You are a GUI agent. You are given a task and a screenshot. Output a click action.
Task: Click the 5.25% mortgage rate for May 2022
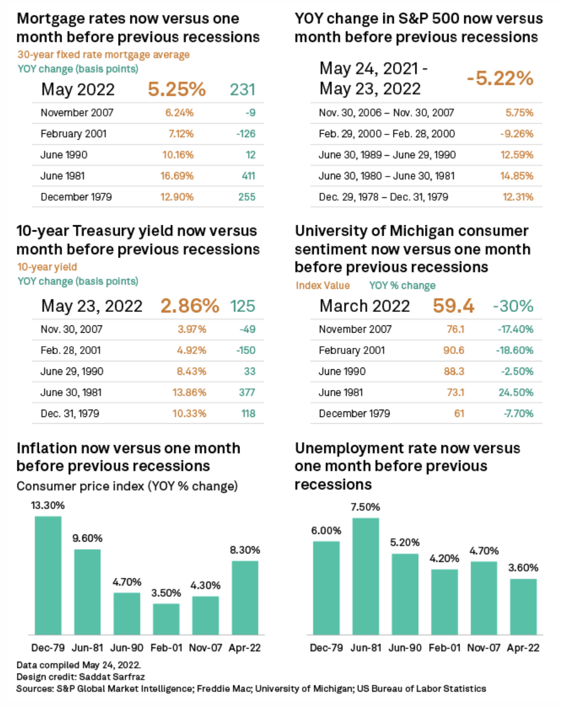pyautogui.click(x=177, y=89)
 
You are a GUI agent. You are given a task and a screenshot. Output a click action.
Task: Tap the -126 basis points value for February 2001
pyautogui.click(x=246, y=134)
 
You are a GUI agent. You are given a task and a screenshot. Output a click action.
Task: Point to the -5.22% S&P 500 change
pyautogui.click(x=499, y=78)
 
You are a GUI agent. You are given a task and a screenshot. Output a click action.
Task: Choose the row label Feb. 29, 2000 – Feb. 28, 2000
pyautogui.click(x=387, y=134)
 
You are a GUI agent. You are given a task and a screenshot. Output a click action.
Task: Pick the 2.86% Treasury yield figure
pyautogui.click(x=189, y=306)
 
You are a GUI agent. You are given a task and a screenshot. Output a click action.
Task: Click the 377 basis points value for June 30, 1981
pyautogui.click(x=247, y=392)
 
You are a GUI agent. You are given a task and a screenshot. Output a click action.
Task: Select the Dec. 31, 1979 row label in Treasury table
pyautogui.click(x=70, y=414)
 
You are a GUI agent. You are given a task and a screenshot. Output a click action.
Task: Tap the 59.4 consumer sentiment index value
pyautogui.click(x=453, y=306)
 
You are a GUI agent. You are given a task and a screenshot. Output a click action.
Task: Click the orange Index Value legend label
pyautogui.click(x=323, y=285)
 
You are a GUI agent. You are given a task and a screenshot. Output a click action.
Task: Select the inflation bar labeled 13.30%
pyautogui.click(x=48, y=575)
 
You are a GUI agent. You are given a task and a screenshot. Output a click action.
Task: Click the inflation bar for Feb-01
pyautogui.click(x=166, y=619)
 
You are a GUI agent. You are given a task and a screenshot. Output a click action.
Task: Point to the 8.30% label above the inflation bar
pyautogui.click(x=245, y=550)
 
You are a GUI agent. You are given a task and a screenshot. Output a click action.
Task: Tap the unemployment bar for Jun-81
pyautogui.click(x=365, y=576)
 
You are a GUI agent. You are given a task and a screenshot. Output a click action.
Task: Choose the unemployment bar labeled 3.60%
pyautogui.click(x=523, y=606)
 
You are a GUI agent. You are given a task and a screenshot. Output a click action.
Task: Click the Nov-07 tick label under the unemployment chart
pyautogui.click(x=483, y=648)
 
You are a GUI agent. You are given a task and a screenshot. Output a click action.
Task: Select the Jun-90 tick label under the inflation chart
pyautogui.click(x=127, y=648)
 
